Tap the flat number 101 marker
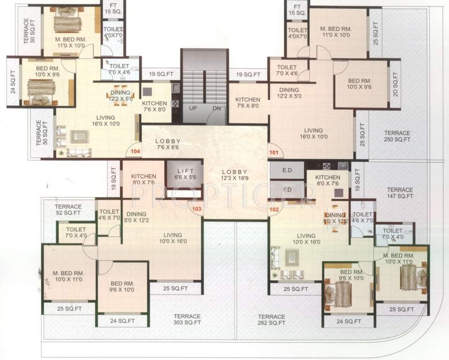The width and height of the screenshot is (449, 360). (x=274, y=152)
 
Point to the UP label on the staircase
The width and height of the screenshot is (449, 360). (x=193, y=108)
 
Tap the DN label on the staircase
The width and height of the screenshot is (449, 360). (x=216, y=108)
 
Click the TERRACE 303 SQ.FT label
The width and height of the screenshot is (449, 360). (x=187, y=319)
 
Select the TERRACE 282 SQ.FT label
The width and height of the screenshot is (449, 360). (x=271, y=320)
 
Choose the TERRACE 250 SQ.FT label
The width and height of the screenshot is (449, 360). (x=396, y=136)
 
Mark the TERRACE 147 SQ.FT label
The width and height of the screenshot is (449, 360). (x=400, y=193)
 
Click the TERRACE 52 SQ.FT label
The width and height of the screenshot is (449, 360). (x=68, y=210)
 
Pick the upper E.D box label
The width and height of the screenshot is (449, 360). (x=287, y=171)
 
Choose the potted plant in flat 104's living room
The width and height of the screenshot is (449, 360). (x=61, y=153)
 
